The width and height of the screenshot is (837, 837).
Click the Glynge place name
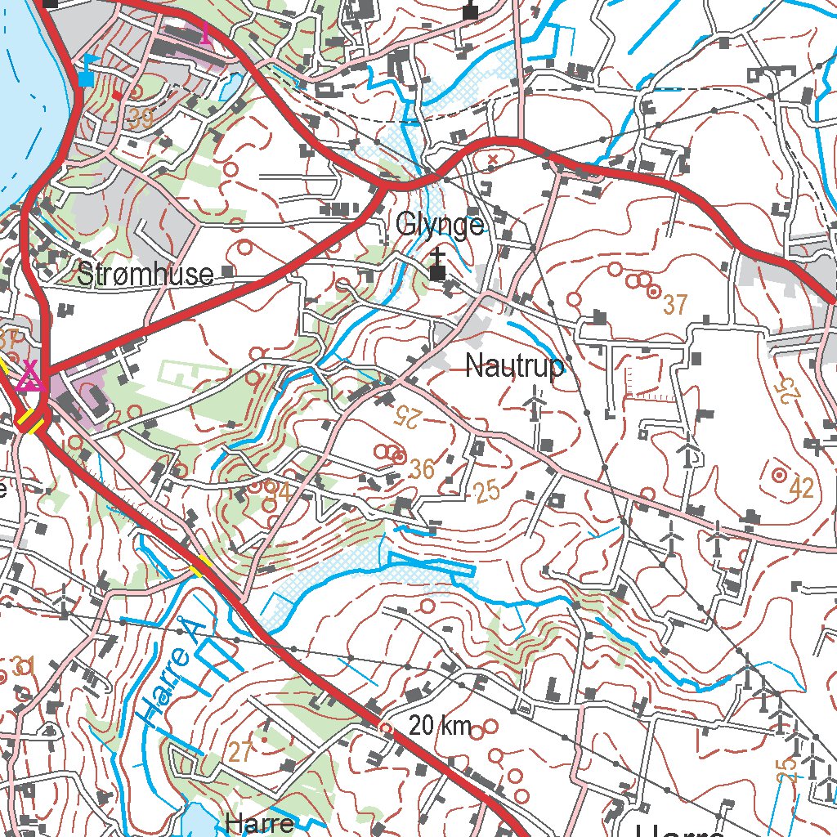pos(440,224)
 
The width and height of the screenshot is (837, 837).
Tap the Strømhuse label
pos(145,274)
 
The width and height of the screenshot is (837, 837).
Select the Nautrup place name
pos(514,367)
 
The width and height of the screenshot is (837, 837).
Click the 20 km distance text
pos(441,725)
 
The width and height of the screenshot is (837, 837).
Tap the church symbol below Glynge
pos(439,266)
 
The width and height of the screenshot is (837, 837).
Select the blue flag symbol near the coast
pos(87,70)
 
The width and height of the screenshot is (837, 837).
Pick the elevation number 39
pos(141,119)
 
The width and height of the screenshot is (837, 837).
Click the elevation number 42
pos(802,489)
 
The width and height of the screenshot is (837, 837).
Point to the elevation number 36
pos(422,468)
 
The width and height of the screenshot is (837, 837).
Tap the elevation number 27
pos(239,752)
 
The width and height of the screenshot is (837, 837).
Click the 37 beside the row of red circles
pos(675,305)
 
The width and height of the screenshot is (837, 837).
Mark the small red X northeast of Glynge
pos(492,159)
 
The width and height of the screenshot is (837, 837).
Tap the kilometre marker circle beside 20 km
pos(385,726)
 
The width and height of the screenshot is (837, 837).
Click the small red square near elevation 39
pos(119,96)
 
